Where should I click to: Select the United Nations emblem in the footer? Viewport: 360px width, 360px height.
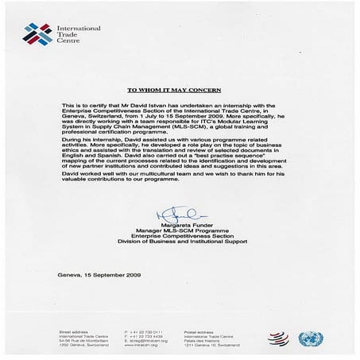click(310, 339)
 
